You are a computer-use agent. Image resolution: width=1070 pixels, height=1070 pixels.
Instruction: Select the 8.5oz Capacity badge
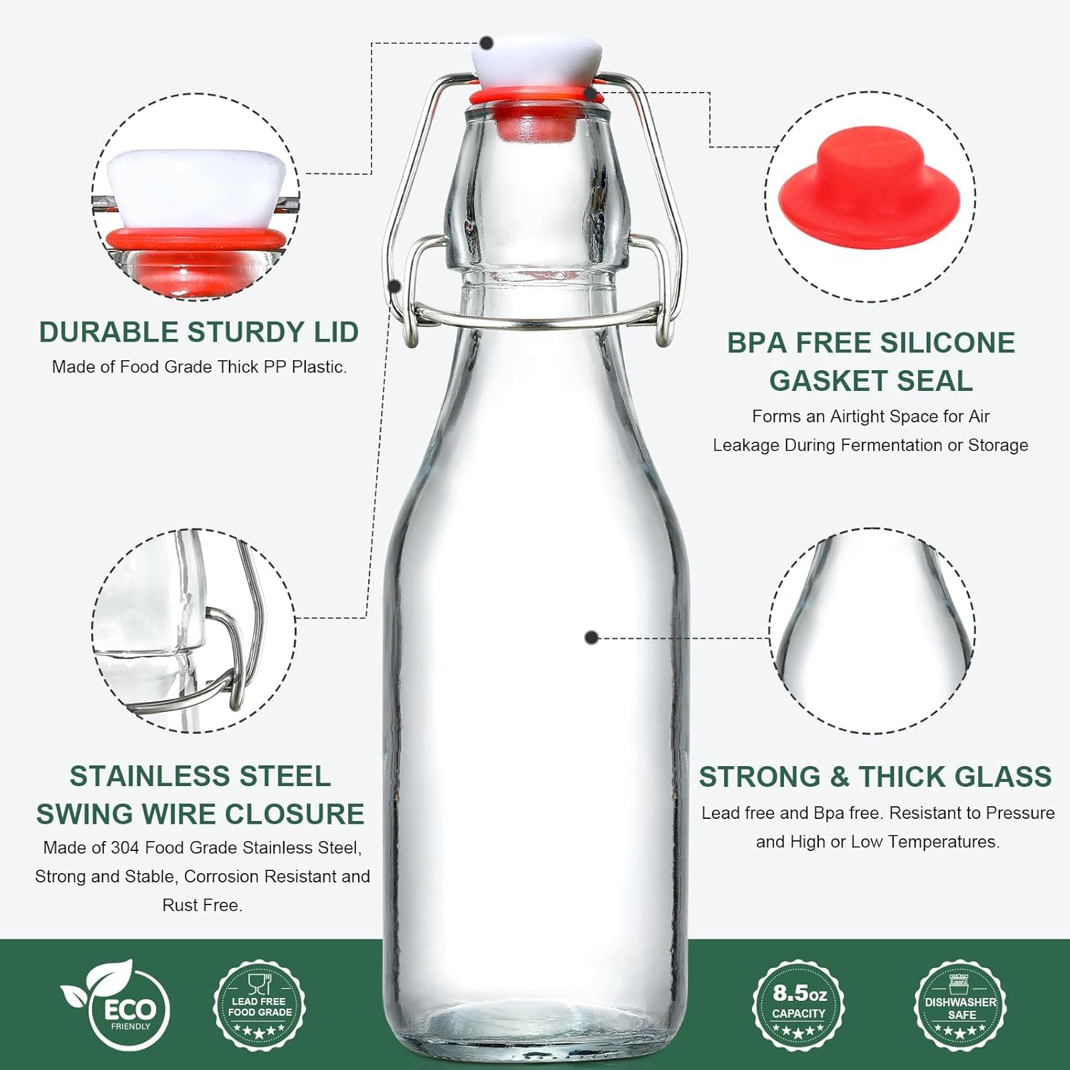click(x=799, y=1004)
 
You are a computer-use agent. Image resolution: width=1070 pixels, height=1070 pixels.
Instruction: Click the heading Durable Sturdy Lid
click(x=198, y=332)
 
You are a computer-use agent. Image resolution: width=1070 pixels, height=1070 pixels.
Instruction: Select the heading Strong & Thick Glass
click(x=875, y=776)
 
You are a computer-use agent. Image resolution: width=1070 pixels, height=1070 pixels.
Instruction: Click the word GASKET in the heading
click(x=826, y=381)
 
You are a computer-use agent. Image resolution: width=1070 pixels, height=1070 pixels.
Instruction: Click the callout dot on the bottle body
click(x=591, y=638)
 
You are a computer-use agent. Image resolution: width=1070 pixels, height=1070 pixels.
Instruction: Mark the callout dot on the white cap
click(x=487, y=44)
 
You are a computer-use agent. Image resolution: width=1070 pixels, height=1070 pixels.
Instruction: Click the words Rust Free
click(x=203, y=905)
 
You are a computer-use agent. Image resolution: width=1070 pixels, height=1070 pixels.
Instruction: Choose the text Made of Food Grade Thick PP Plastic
click(x=199, y=367)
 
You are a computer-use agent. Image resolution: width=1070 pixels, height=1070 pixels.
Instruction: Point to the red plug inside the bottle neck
click(x=536, y=123)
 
